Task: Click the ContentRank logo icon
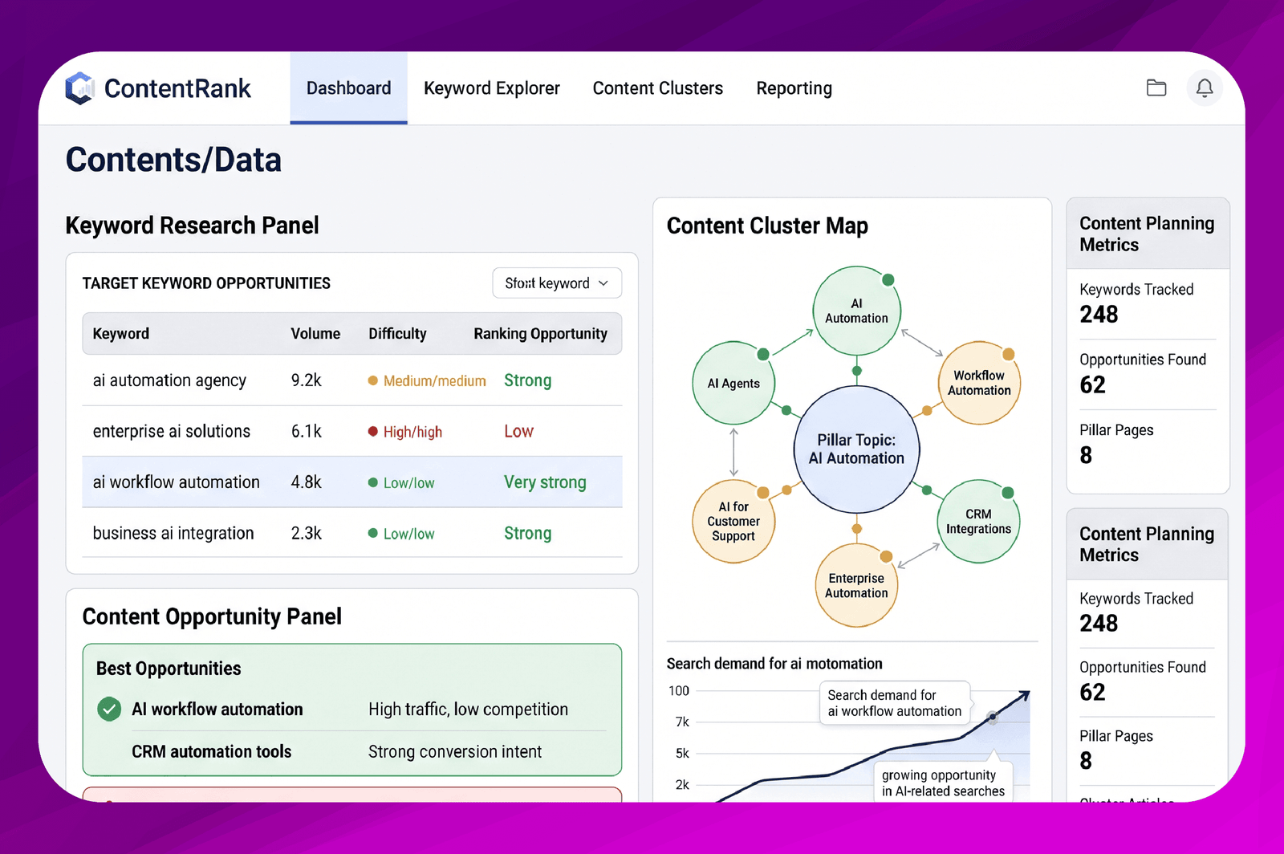(x=79, y=88)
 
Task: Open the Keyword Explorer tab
(x=491, y=88)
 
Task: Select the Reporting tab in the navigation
(x=794, y=88)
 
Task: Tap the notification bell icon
(x=1205, y=87)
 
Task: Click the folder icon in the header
(x=1156, y=87)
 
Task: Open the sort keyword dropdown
(x=557, y=283)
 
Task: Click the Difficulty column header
(x=397, y=334)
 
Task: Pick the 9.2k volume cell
(x=306, y=380)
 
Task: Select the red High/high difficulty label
(x=412, y=432)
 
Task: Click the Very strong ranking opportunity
(x=545, y=482)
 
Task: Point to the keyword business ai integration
(x=173, y=533)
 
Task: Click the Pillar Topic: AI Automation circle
(x=856, y=449)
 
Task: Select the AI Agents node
(x=733, y=383)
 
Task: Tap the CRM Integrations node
(x=978, y=521)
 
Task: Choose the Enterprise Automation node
(x=856, y=585)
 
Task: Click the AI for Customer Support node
(x=733, y=521)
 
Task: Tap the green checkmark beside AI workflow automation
(x=109, y=709)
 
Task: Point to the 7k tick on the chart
(x=682, y=722)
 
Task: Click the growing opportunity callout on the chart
(x=943, y=783)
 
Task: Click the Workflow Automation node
(x=979, y=383)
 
